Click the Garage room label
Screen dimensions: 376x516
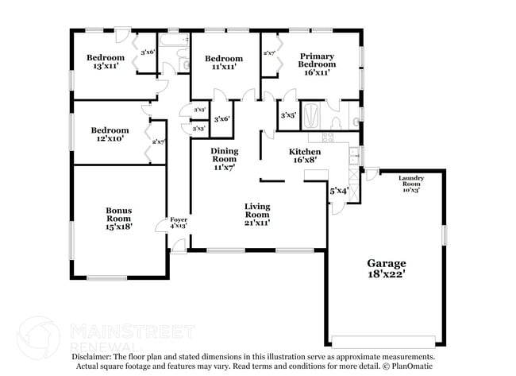click(x=386, y=263)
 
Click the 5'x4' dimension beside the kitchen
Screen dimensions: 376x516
click(x=339, y=191)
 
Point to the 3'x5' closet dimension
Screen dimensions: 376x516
click(x=288, y=115)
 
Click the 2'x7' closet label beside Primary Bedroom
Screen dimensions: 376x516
click(x=269, y=54)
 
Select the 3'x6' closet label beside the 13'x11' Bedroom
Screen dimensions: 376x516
click(x=147, y=52)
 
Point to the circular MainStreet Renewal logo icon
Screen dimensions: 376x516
click(x=38, y=336)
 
